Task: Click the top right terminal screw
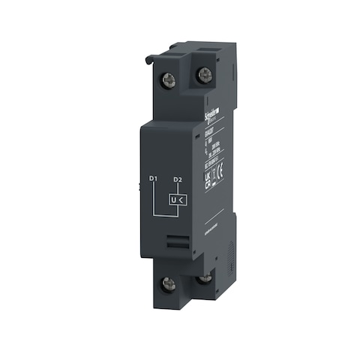point(203,73)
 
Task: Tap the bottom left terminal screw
point(169,283)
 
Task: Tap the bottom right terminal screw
point(204,280)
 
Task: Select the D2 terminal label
point(178,179)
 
